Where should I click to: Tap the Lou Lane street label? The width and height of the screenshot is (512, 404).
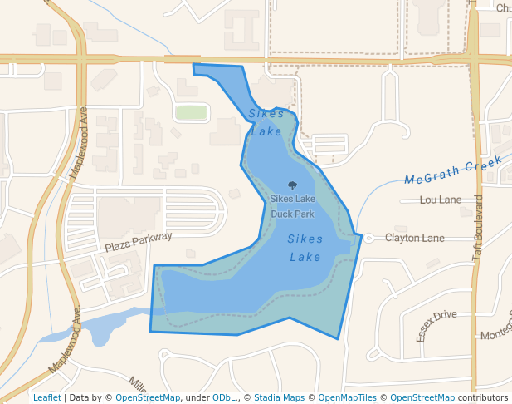441,200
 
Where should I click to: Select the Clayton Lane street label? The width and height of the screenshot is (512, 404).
414,238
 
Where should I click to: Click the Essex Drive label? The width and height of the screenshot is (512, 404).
436,326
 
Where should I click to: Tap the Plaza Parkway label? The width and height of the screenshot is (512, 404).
139,242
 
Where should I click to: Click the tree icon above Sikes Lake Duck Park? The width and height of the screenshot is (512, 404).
292,186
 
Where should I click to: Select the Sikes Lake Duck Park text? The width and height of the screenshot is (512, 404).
292,206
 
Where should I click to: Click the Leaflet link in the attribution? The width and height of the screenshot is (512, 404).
46,397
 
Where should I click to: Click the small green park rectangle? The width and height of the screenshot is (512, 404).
191,112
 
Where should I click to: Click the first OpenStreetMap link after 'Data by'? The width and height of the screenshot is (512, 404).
148,397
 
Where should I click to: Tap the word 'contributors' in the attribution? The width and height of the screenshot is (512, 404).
483,397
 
